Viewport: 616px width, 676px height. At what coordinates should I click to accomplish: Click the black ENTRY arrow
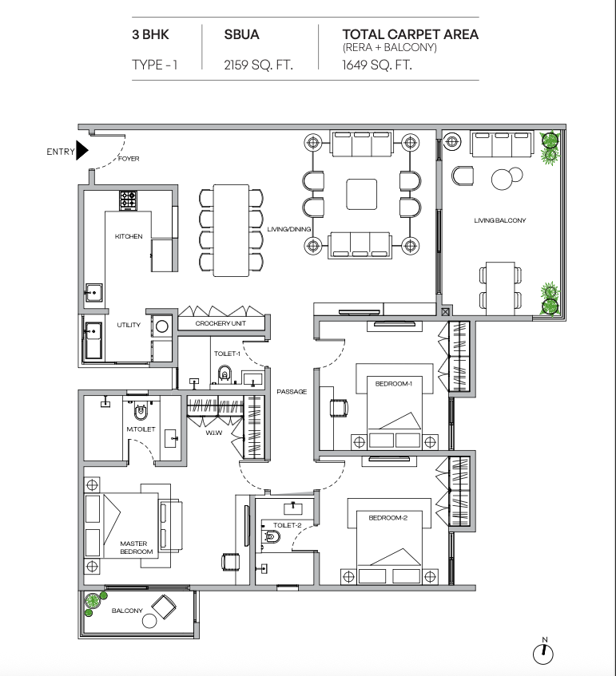(x=81, y=150)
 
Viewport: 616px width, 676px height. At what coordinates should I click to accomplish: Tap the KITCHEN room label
(x=129, y=236)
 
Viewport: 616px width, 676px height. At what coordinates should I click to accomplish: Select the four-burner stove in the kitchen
(x=128, y=200)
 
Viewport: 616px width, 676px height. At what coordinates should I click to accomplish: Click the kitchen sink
(x=93, y=293)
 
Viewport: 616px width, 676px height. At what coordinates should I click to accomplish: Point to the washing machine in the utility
(x=162, y=326)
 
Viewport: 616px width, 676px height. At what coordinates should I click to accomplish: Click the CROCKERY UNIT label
(x=221, y=323)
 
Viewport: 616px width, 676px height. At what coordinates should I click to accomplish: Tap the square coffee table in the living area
(x=362, y=195)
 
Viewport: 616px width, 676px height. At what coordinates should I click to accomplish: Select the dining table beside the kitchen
(x=231, y=230)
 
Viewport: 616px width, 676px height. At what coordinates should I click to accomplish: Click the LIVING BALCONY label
(x=500, y=220)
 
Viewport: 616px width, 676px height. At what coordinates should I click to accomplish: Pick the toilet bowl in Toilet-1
(x=224, y=374)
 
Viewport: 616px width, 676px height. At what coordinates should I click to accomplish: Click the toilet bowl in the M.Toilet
(x=141, y=411)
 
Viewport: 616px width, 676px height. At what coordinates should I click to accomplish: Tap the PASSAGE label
(x=292, y=391)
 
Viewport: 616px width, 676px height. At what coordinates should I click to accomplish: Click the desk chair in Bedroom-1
(x=339, y=408)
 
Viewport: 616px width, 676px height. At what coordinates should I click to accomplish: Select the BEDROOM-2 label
(x=388, y=518)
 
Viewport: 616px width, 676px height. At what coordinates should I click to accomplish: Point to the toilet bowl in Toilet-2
(x=272, y=537)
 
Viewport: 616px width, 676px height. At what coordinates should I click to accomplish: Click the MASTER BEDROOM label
(x=137, y=548)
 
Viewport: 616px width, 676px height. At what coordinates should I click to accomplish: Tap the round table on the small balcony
(x=149, y=621)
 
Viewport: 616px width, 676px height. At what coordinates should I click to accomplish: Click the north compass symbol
(x=543, y=652)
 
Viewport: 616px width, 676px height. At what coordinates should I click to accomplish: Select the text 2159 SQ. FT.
(x=258, y=65)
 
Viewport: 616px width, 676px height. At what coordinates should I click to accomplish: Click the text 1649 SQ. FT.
(x=377, y=65)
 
